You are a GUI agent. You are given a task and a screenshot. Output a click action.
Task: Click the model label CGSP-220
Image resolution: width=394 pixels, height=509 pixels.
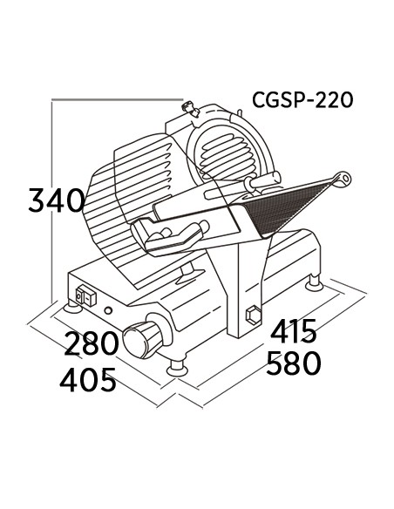(x=302, y=99)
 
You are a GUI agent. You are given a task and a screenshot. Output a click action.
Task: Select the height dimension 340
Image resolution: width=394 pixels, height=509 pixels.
(x=57, y=200)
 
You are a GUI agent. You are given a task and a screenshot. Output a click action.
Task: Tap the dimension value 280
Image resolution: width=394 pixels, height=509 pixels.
(x=92, y=343)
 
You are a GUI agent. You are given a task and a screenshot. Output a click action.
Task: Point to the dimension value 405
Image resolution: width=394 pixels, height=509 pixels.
(x=88, y=380)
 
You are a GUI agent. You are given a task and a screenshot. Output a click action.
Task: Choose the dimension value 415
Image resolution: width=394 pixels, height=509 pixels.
(x=294, y=331)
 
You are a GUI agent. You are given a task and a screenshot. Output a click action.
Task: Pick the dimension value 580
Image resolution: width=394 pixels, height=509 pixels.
(x=294, y=363)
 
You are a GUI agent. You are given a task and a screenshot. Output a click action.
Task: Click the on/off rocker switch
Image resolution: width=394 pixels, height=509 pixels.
(x=85, y=295)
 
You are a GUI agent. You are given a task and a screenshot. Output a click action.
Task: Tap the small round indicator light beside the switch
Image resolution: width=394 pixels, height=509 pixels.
(x=108, y=310)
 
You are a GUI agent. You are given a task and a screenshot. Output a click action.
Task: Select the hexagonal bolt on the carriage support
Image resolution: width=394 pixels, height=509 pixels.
(x=254, y=315)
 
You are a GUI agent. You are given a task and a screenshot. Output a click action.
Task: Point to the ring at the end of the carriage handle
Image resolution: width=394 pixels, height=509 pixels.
(x=343, y=178)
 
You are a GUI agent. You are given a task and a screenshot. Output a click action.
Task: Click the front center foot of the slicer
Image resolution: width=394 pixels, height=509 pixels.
(x=177, y=369)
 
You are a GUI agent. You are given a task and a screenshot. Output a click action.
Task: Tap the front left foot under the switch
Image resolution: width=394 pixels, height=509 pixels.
(x=72, y=306)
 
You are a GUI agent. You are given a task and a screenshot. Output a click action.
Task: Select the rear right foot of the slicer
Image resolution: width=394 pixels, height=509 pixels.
(x=314, y=282)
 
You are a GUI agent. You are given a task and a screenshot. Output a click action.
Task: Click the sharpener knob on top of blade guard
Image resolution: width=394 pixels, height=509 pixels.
(x=191, y=108)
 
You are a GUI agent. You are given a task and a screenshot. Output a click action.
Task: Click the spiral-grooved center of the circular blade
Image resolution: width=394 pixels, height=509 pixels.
(x=225, y=153)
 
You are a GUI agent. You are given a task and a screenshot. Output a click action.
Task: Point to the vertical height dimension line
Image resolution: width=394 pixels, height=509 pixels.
(x=52, y=200)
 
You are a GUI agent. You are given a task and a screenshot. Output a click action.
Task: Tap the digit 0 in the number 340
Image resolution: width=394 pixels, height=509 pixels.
(x=75, y=200)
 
